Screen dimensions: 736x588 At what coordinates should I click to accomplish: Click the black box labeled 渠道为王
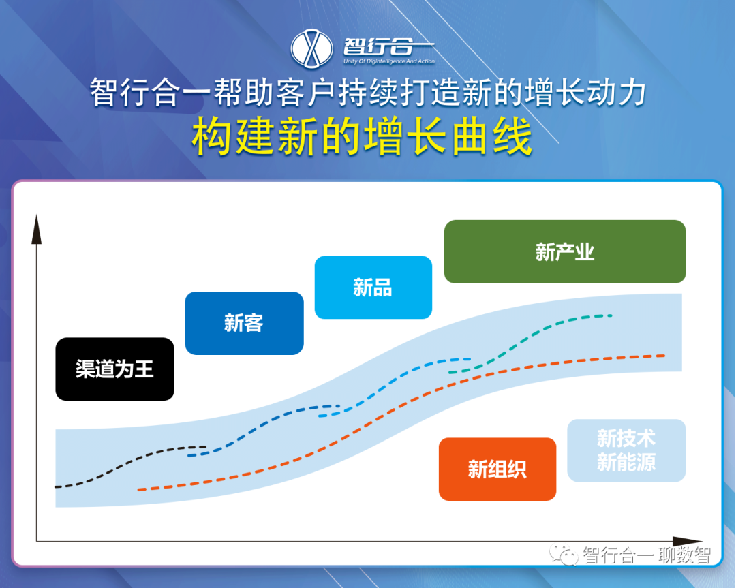114,369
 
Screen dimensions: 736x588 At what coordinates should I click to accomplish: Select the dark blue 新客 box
244,324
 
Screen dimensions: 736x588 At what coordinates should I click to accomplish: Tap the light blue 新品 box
373,288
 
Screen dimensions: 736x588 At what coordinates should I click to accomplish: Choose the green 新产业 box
565,251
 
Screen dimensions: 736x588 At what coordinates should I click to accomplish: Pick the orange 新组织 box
497,469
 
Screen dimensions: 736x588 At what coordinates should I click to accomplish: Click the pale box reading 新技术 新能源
627,450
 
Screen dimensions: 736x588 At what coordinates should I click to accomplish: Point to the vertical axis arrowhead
37,229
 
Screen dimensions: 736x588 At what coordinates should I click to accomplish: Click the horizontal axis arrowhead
687,542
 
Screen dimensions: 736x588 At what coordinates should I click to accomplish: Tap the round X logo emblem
311,48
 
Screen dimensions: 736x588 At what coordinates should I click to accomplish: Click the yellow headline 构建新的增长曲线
362,136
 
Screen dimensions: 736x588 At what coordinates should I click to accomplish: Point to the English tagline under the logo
389,61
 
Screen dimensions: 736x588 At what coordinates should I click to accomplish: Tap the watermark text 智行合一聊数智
646,555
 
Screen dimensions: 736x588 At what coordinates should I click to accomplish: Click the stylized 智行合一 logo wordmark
388,46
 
